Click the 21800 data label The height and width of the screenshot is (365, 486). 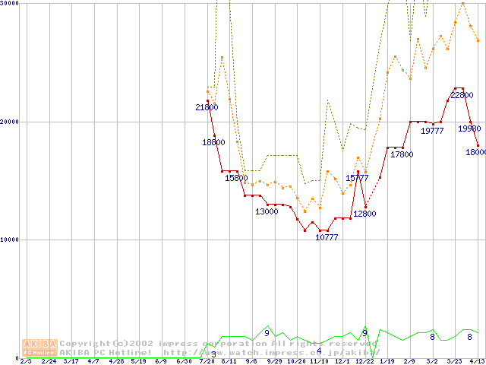tap(207, 107)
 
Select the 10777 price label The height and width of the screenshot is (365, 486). tap(327, 237)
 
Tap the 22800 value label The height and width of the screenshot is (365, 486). tap(462, 96)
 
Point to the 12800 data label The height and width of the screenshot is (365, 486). tap(364, 214)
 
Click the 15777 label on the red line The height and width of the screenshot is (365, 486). tap(357, 178)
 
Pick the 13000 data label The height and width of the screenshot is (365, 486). tap(267, 211)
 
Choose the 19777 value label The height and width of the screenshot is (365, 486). tap(432, 131)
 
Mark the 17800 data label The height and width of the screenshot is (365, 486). tap(402, 154)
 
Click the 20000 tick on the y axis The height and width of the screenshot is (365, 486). tap(10, 122)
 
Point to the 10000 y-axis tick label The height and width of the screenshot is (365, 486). tap(10, 240)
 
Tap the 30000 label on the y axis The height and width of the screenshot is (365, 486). tap(10, 4)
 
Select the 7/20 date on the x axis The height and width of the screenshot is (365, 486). tap(207, 361)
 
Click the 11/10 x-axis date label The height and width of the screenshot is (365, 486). tap(319, 361)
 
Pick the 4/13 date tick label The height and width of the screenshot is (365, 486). tap(477, 361)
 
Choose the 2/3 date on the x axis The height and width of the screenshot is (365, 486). tap(26, 361)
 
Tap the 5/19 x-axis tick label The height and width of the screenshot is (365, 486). tap(138, 361)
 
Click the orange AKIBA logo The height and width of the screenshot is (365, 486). tap(39, 348)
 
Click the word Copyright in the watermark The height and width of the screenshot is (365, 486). tap(83, 343)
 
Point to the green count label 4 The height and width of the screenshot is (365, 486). tap(319, 351)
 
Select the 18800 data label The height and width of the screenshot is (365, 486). tap(213, 142)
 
